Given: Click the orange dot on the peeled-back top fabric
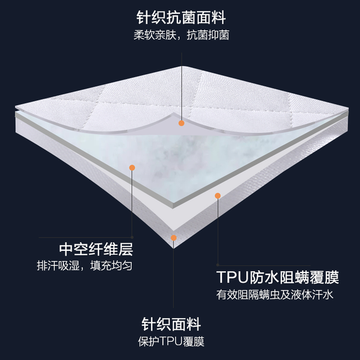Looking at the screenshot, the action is click(181, 122).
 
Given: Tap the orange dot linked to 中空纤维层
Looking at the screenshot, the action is click(132, 167).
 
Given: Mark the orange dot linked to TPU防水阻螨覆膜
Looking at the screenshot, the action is click(217, 196).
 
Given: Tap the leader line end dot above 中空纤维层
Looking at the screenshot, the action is click(132, 237).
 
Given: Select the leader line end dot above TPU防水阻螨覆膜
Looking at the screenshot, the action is click(218, 265).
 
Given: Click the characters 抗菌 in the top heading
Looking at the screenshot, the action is click(181, 18).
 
